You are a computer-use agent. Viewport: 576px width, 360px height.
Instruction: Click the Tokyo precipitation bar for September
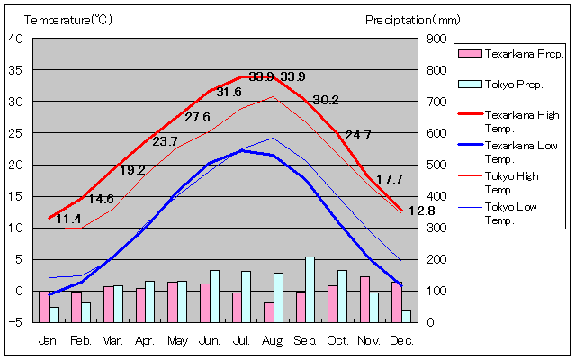(310, 289)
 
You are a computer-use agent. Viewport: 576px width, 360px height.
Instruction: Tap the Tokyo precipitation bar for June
(214, 295)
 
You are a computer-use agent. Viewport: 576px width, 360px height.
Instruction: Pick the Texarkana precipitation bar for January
(44, 306)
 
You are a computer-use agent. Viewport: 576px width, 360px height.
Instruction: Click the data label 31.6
(229, 93)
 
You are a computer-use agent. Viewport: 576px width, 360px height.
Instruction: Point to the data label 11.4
(68, 219)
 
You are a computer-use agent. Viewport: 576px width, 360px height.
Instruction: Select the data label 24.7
(358, 135)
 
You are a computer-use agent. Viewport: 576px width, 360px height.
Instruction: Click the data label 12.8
(421, 211)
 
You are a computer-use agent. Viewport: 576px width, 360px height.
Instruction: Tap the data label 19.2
(132, 170)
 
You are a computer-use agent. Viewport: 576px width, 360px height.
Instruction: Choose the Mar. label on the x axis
(112, 340)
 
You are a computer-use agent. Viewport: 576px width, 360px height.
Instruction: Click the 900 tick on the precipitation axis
(436, 39)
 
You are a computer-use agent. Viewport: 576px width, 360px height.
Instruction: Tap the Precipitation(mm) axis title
(412, 19)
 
